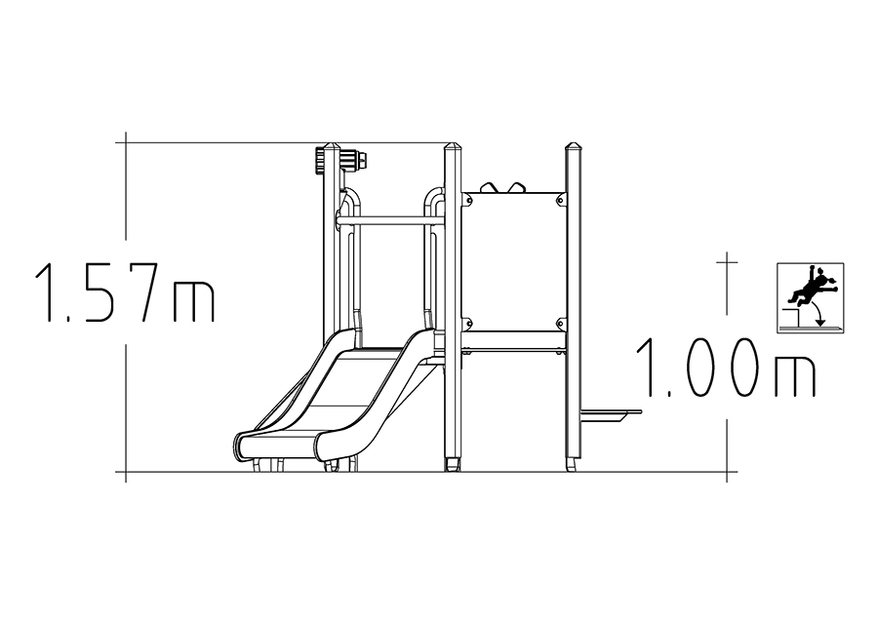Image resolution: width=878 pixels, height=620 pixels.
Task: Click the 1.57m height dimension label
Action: [125, 293]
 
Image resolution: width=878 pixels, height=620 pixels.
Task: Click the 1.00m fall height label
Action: [726, 368]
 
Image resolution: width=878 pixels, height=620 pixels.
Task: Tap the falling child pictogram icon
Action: [811, 297]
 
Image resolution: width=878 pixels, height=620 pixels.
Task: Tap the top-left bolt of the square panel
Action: [466, 197]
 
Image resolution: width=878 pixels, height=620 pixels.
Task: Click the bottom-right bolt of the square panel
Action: [560, 323]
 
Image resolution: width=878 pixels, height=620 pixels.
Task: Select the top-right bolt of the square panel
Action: [560, 197]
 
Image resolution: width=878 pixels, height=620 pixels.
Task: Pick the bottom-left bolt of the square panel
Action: [466, 323]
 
